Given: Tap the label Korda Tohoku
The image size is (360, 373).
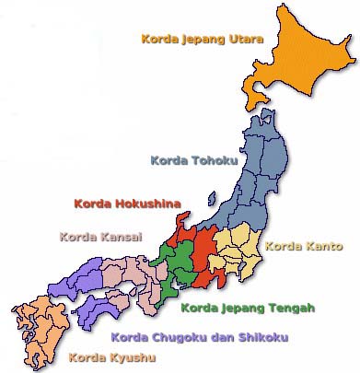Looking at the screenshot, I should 193,160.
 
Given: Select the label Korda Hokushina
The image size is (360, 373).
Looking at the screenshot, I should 126,203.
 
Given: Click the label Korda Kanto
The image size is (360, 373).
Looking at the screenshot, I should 303,247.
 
